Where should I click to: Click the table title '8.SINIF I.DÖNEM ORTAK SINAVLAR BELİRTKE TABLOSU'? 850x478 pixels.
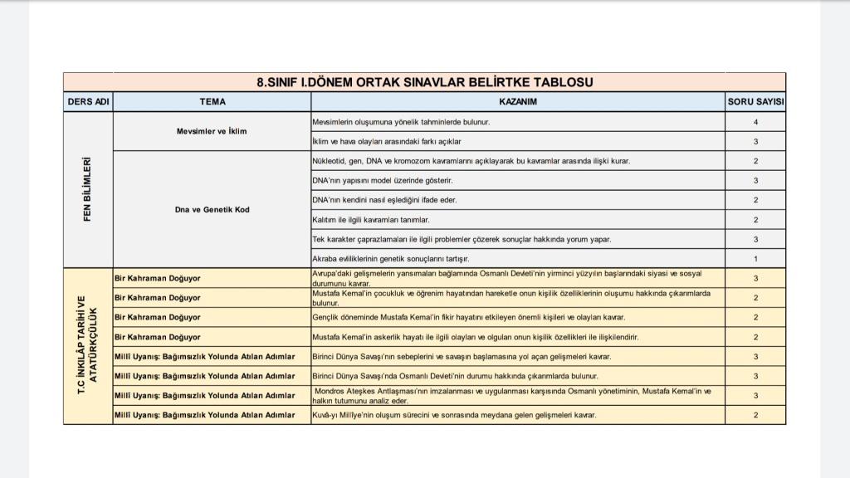(x=424, y=82)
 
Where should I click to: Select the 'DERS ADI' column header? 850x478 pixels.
(x=88, y=102)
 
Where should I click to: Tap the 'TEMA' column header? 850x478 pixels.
(x=212, y=102)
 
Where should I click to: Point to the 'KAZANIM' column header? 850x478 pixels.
(x=518, y=102)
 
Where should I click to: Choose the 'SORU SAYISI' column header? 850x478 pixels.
(x=755, y=102)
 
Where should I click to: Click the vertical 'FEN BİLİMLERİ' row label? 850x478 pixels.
(x=87, y=189)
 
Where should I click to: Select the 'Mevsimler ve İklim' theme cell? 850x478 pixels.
(x=212, y=131)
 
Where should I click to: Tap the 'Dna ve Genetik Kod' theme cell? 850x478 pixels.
(x=212, y=209)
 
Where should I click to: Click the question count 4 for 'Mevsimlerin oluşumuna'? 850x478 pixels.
(x=755, y=122)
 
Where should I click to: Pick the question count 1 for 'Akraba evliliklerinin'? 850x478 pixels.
(x=755, y=259)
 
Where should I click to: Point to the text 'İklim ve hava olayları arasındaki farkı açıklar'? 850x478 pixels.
(x=387, y=142)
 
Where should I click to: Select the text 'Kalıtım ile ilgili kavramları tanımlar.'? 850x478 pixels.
(x=371, y=220)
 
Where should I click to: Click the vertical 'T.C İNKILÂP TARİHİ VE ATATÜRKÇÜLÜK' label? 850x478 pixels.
(x=87, y=345)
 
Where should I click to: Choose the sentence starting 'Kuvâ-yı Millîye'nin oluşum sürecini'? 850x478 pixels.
(x=454, y=415)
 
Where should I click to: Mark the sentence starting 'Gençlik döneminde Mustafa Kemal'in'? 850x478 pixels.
(x=469, y=317)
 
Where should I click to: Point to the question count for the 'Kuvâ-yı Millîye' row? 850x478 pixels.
(x=755, y=415)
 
